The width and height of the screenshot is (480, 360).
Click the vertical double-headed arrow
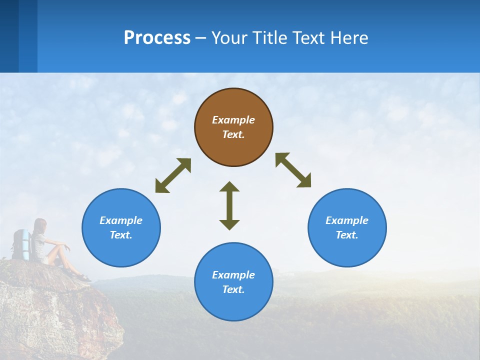(229, 205)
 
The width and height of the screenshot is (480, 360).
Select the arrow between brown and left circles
(173, 175)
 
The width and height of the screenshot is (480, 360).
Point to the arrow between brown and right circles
(293, 170)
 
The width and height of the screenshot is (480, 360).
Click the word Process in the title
(157, 37)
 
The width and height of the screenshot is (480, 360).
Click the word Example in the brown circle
(233, 120)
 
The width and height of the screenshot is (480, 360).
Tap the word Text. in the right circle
(347, 235)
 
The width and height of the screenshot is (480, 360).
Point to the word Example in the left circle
(121, 220)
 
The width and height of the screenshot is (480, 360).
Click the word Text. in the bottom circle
(233, 289)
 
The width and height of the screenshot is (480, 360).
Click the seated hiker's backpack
(21, 244)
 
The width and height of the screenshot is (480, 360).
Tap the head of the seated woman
(40, 225)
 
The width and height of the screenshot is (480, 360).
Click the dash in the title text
(200, 38)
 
